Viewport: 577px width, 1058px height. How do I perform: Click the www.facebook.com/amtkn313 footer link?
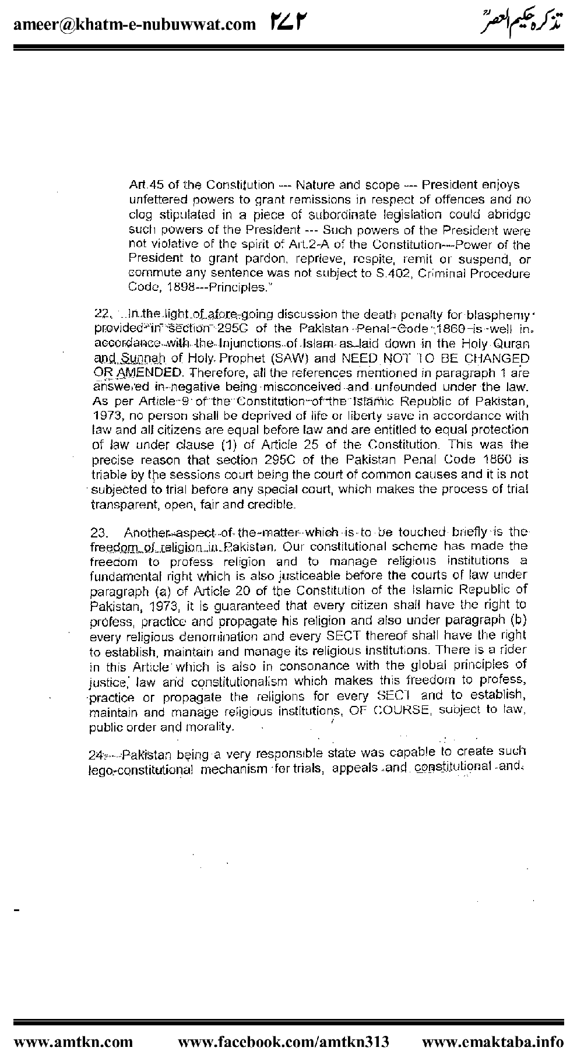click(283, 1041)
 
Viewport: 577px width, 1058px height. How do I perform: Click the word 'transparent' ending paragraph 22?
click(118, 504)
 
